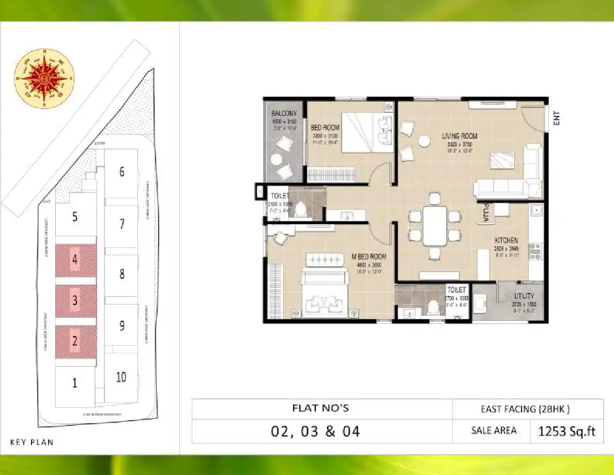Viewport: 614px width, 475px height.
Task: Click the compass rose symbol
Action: click(x=44, y=79)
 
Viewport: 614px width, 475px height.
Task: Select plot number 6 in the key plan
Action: click(x=122, y=172)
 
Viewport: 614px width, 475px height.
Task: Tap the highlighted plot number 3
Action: click(x=75, y=301)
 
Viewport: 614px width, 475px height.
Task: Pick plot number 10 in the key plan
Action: click(x=121, y=377)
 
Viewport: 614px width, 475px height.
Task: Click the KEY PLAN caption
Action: click(x=32, y=442)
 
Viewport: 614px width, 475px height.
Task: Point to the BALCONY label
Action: click(x=284, y=113)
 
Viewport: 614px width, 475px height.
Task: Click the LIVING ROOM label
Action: click(x=459, y=136)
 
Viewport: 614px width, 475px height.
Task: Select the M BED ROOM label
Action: click(x=369, y=257)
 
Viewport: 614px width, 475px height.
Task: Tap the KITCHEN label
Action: click(x=506, y=241)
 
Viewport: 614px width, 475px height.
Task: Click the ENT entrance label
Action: click(x=557, y=119)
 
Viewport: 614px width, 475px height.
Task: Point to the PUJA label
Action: click(x=485, y=213)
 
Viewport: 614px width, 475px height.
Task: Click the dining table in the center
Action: click(x=435, y=226)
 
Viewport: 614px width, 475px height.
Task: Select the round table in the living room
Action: click(x=424, y=141)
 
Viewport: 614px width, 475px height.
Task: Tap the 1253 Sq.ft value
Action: click(x=566, y=431)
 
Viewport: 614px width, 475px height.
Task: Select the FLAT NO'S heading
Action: click(x=321, y=408)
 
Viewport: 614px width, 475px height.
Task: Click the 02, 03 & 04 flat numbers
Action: click(x=315, y=431)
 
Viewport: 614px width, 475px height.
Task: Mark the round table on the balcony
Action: click(x=277, y=159)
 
